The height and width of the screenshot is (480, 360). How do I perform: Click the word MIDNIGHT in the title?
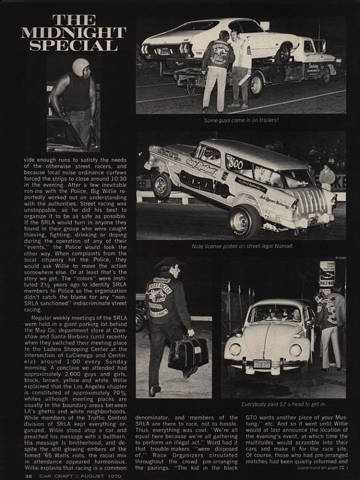(68, 29)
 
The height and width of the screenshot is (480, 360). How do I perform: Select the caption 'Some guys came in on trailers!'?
(241, 120)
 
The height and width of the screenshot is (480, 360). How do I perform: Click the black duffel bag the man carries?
(188, 353)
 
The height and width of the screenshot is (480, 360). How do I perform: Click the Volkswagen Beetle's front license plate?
(262, 364)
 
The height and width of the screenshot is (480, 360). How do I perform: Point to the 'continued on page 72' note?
(325, 469)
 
